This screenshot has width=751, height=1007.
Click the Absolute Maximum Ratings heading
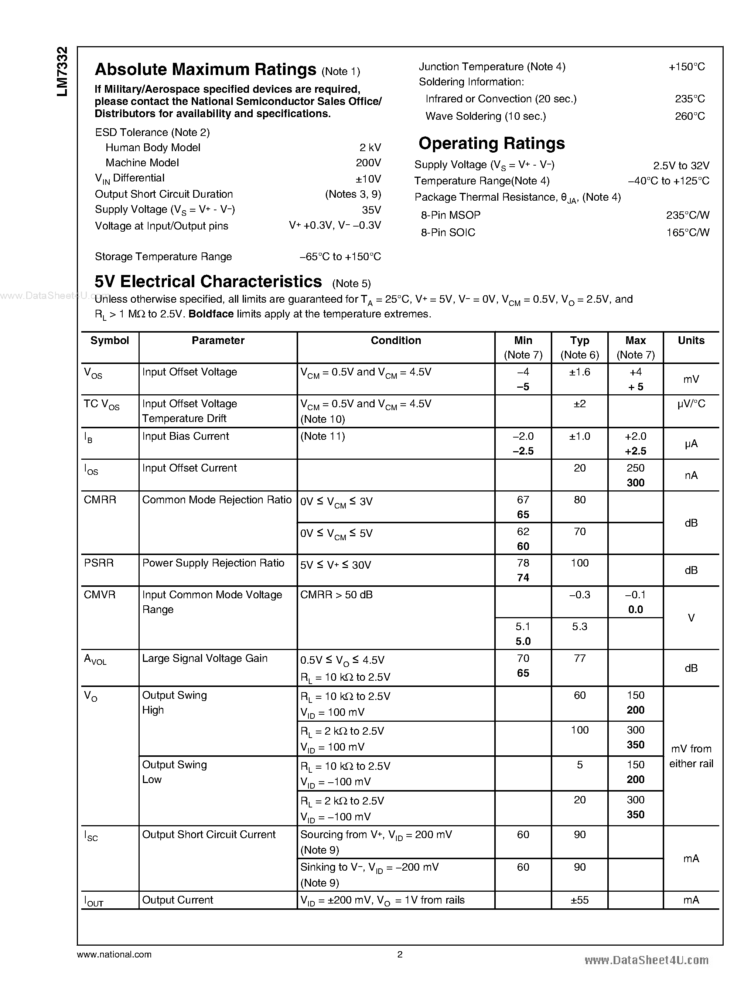pyautogui.click(x=205, y=69)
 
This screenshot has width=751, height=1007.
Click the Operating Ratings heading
pyautogui.click(x=491, y=143)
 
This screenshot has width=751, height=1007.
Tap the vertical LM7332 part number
pyautogui.click(x=62, y=71)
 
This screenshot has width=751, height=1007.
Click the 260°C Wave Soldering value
pyautogui.click(x=689, y=116)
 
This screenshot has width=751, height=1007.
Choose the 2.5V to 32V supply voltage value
pyautogui.click(x=680, y=166)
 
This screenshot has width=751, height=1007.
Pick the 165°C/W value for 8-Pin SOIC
pyautogui.click(x=687, y=232)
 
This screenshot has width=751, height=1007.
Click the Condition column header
pyautogui.click(x=396, y=341)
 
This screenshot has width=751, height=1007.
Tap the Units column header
pyautogui.click(x=690, y=341)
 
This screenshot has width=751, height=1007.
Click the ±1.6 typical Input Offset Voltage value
pyautogui.click(x=579, y=372)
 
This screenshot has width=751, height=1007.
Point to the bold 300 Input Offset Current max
pyautogui.click(x=635, y=483)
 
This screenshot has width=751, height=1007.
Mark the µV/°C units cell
pyautogui.click(x=690, y=404)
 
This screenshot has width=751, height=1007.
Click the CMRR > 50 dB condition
pyautogui.click(x=336, y=595)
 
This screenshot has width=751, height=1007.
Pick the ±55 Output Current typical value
pyautogui.click(x=579, y=900)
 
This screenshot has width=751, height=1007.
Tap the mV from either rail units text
pyautogui.click(x=690, y=756)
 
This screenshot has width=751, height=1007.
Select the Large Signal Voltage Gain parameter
pyautogui.click(x=205, y=659)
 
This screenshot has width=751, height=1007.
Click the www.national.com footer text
pyautogui.click(x=114, y=955)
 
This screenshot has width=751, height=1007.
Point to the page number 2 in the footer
pyautogui.click(x=400, y=954)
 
